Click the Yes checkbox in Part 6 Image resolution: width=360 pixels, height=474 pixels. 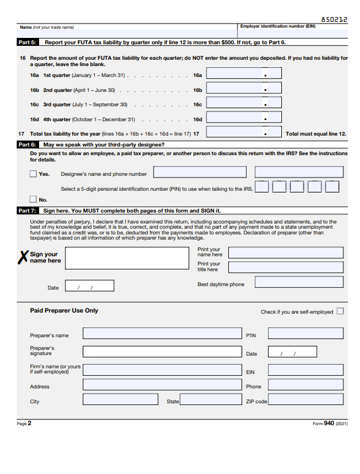click(x=33, y=174)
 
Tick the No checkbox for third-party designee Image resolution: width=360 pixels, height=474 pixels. click(x=33, y=199)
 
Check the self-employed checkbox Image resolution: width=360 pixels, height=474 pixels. click(x=340, y=311)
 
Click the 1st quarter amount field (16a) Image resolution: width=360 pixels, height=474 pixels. click(x=244, y=74)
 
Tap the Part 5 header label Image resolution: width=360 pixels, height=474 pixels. click(x=27, y=43)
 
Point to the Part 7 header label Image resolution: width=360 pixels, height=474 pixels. click(x=27, y=211)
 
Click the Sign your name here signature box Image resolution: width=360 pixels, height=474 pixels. click(x=128, y=257)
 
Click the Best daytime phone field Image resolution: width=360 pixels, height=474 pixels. click(x=299, y=282)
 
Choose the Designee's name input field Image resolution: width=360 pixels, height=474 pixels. click(x=200, y=172)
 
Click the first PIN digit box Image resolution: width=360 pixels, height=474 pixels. click(x=262, y=187)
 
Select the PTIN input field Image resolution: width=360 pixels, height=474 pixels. click(x=305, y=333)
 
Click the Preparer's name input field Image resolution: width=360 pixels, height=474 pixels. click(x=162, y=333)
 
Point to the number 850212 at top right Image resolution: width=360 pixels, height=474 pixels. click(x=334, y=20)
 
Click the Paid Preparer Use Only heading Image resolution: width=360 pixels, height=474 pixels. click(x=64, y=311)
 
